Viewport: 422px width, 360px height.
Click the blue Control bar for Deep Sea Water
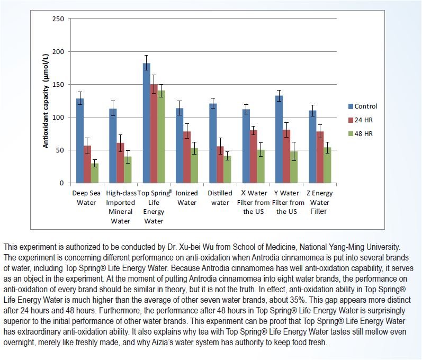pyautogui.click(x=80, y=141)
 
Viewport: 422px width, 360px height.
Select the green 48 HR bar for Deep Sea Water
pyautogui.click(x=95, y=173)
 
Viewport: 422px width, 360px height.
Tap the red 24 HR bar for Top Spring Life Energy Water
pyautogui.click(x=154, y=134)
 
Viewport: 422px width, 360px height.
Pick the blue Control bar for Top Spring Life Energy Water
pyautogui.click(x=147, y=123)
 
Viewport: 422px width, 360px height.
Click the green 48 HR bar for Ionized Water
pyautogui.click(x=194, y=166)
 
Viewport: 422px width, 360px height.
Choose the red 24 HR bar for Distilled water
pyautogui.click(x=220, y=165)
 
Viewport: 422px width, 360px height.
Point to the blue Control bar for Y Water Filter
pyautogui.click(x=279, y=139)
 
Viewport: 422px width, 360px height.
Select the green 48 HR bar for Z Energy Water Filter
pyautogui.click(x=327, y=165)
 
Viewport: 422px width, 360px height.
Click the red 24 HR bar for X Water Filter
pyautogui.click(x=254, y=157)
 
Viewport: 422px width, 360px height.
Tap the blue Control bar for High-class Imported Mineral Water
pyautogui.click(x=113, y=146)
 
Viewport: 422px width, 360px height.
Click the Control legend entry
pyautogui.click(x=363, y=106)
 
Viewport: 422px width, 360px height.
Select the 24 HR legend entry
pyautogui.click(x=361, y=120)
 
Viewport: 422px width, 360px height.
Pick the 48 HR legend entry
pyautogui.click(x=361, y=134)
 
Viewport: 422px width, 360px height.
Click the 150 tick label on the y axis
pyautogui.click(x=59, y=85)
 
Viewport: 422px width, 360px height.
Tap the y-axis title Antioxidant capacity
pyautogui.click(x=46, y=101)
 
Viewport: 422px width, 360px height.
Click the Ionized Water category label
pyautogui.click(x=187, y=198)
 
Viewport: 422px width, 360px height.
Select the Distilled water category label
pyautogui.click(x=220, y=198)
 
